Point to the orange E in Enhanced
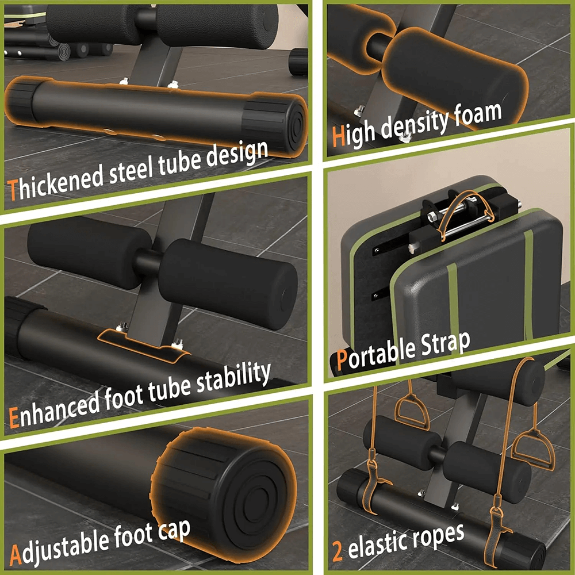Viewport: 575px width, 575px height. (15, 417)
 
